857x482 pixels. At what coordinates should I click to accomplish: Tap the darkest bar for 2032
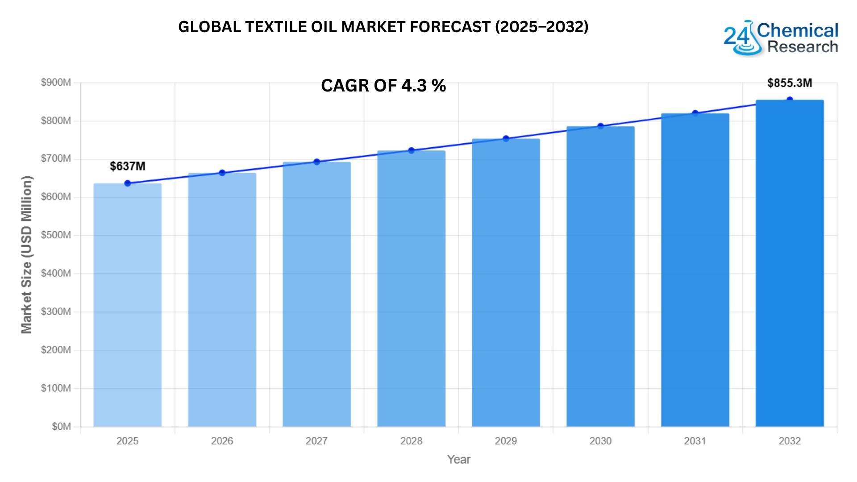tap(789, 263)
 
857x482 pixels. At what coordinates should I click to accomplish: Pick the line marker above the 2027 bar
tap(316, 162)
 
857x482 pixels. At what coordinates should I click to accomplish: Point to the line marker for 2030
tap(600, 126)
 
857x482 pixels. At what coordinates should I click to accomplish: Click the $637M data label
tap(128, 166)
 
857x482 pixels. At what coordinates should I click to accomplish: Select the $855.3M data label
tap(789, 83)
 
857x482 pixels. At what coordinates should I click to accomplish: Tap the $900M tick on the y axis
tap(56, 83)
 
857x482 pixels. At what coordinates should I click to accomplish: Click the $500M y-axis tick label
tap(56, 235)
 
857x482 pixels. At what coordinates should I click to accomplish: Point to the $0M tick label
tap(61, 427)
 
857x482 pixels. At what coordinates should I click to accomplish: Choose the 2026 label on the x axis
tap(222, 441)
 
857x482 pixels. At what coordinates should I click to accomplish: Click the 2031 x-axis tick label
tap(695, 441)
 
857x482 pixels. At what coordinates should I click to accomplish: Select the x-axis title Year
tap(458, 460)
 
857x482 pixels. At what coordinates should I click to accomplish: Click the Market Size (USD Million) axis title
tap(27, 254)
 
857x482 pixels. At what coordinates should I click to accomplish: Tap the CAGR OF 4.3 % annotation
tap(383, 86)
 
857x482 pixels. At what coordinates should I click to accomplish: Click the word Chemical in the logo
tap(798, 31)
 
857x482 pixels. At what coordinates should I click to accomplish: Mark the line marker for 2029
tap(506, 139)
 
